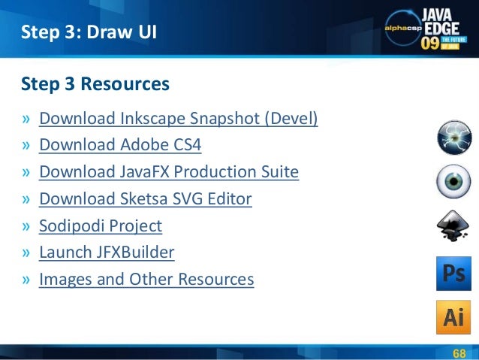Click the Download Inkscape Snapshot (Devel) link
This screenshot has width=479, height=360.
[x=178, y=119]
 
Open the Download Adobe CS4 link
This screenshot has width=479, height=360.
[x=120, y=145]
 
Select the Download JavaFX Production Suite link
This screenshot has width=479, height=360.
[x=169, y=172]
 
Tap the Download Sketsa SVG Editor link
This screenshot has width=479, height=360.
[x=145, y=199]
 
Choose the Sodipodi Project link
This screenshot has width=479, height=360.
[x=100, y=225]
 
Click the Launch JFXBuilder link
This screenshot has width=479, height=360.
[x=107, y=253]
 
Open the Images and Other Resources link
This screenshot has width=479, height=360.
[x=146, y=280]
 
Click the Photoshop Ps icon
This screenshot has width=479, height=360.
[x=453, y=274]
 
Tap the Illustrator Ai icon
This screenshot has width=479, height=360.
[x=453, y=316]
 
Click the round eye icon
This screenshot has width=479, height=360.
[x=453, y=181]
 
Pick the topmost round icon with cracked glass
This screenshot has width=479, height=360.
[x=453, y=137]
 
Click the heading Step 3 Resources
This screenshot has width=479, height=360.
[x=95, y=84]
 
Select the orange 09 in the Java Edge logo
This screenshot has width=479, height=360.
[x=429, y=43]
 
